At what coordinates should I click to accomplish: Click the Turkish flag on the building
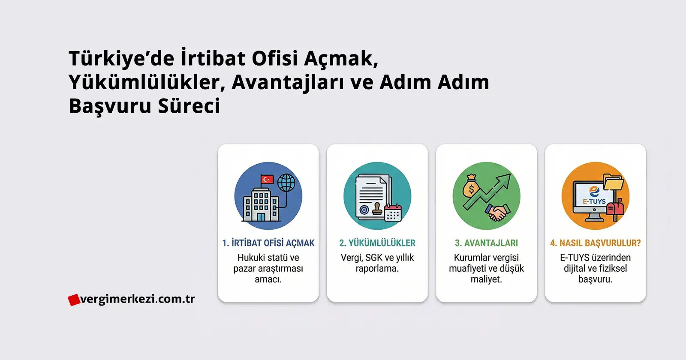coord(267,179)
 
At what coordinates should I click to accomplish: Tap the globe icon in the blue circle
coord(286,183)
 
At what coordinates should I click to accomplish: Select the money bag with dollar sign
coord(471,186)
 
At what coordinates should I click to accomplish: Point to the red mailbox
coord(615,209)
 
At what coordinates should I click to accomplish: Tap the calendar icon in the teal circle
coord(393,213)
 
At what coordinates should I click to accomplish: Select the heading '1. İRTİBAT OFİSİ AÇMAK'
coord(268,243)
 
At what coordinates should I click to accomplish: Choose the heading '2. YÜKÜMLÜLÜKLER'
coord(377,243)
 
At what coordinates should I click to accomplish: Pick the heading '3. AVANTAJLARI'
coord(486,243)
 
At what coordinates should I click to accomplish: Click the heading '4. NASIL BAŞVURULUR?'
coord(596,243)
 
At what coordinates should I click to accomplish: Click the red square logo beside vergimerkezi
coord(74,300)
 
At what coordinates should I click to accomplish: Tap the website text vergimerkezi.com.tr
coord(137,299)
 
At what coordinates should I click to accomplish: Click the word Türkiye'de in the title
coord(122,58)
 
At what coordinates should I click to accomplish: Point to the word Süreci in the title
coord(189,105)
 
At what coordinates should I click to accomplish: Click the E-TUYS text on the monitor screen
coord(594,201)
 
